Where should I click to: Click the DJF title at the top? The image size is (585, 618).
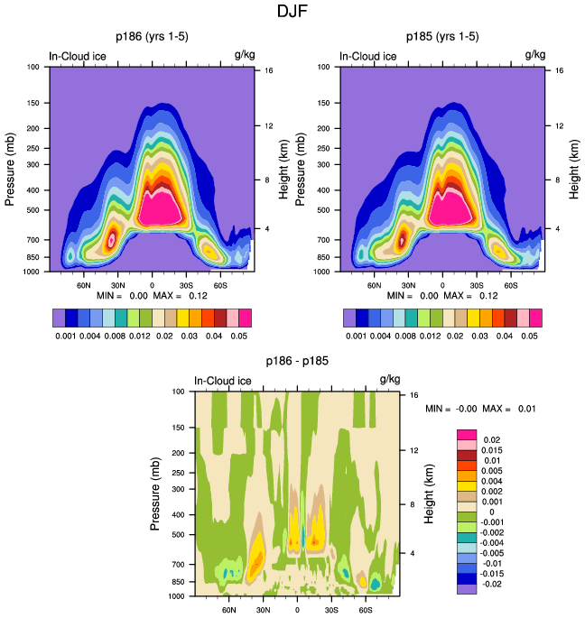(x=292, y=12)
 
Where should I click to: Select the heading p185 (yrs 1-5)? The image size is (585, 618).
(x=441, y=37)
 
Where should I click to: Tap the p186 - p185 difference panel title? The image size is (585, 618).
(x=296, y=362)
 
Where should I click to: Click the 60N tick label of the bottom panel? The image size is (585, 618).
(x=228, y=610)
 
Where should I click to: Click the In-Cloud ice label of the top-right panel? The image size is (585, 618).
(x=367, y=56)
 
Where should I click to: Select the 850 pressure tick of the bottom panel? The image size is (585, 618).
(x=177, y=582)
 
